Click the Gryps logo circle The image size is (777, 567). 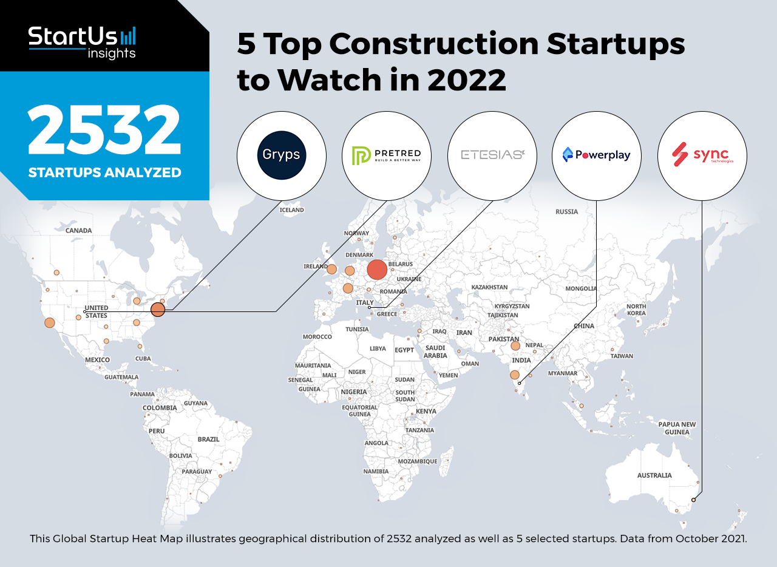tap(281, 155)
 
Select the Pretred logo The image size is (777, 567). tap(387, 155)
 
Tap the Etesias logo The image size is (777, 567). tap(492, 155)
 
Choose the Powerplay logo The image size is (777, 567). tap(597, 155)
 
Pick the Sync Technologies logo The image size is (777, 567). tap(702, 155)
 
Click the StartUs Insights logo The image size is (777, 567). tap(82, 41)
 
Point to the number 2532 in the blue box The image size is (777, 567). tap(104, 131)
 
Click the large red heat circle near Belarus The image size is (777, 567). tap(377, 270)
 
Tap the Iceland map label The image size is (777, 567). tap(291, 210)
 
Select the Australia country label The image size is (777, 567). tap(654, 475)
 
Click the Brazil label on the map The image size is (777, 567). tap(208, 439)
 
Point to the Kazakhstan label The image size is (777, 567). tap(489, 287)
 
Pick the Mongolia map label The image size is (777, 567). tap(581, 289)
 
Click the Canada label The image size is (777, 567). tap(79, 231)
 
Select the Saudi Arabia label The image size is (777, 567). tap(435, 352)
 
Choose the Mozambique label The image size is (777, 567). tap(418, 461)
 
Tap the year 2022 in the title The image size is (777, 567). tap(467, 80)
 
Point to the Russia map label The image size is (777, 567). tap(567, 212)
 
